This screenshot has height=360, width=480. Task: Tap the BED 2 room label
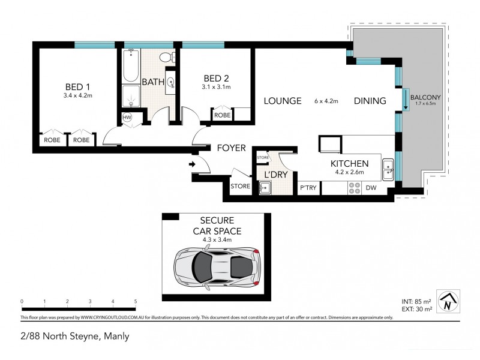point(216,78)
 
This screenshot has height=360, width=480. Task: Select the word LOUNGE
point(283,101)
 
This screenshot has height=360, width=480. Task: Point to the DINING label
point(370,101)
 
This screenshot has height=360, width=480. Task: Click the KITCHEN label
point(349,163)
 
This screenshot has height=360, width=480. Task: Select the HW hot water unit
point(127,118)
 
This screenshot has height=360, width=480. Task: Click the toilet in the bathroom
point(166,57)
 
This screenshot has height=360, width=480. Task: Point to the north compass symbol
point(447,302)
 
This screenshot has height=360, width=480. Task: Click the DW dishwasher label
point(372,188)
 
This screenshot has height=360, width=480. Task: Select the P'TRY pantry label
point(308,188)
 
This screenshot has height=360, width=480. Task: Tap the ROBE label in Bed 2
point(222,115)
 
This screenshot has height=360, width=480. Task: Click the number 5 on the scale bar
point(136,302)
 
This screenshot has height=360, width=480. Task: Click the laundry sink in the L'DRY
point(265,188)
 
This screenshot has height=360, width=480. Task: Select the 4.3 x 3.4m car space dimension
point(217,240)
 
